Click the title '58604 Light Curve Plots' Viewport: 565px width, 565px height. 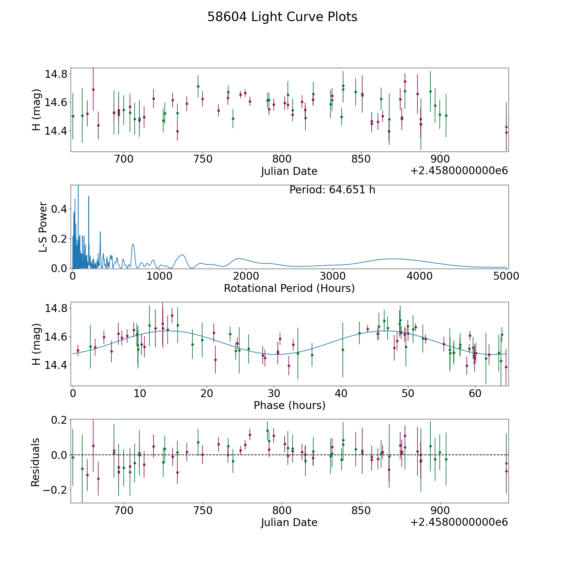[x=282, y=17]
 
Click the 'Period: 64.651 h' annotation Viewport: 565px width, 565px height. [x=332, y=190]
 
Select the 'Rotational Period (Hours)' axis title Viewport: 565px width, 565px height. [x=289, y=288]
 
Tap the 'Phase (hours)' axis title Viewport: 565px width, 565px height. [x=289, y=405]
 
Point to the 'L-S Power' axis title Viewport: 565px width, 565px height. [x=43, y=227]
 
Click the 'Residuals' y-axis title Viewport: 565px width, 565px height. [x=35, y=462]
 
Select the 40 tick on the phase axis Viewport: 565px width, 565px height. [x=341, y=393]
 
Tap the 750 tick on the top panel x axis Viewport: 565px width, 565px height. [x=203, y=159]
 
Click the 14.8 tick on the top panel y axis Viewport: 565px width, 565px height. [x=56, y=74]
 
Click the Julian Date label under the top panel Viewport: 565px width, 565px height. [x=289, y=171]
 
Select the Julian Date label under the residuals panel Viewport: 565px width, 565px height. [x=289, y=522]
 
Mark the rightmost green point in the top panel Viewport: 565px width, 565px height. [x=506, y=127]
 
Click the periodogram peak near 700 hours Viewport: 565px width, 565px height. [x=133, y=244]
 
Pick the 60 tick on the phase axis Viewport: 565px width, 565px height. [x=475, y=393]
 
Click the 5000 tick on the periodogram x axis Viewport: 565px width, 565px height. [x=506, y=276]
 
